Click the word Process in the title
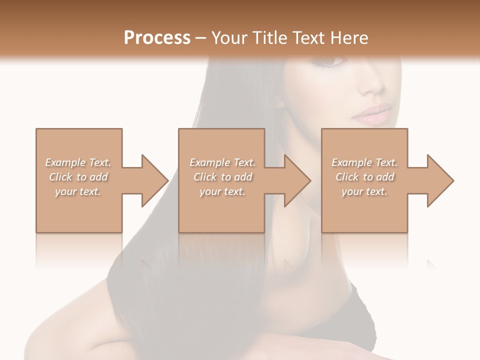157,38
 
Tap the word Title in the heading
270,38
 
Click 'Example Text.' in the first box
78,162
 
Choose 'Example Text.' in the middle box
222,162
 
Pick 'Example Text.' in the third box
364,162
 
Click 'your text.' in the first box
78,191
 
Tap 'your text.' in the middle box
222,191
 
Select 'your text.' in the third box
364,191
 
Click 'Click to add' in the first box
78,177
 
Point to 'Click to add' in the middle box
222,177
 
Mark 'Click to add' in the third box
364,177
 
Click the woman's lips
372,114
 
